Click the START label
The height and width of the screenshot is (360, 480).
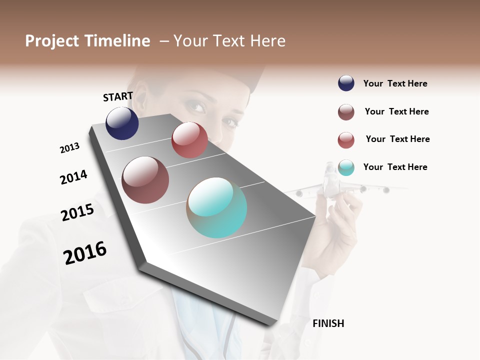pos(118,96)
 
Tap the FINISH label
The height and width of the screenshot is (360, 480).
pos(328,323)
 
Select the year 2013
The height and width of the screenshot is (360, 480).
pos(70,148)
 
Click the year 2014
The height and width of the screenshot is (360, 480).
pos(73,177)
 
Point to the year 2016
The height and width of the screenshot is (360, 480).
pos(85,253)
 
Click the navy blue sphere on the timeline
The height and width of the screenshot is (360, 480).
pos(122,123)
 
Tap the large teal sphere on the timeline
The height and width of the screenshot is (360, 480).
pos(216,207)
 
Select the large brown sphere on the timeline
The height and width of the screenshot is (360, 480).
pos(145,180)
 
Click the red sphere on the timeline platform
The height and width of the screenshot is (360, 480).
pos(189,140)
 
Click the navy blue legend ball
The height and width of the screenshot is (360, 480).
pos(346,83)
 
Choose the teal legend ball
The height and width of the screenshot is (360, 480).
pos(346,167)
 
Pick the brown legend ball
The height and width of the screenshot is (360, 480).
pos(346,112)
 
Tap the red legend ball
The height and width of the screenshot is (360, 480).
pos(346,140)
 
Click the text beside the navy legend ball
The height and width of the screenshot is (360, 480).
pos(395,83)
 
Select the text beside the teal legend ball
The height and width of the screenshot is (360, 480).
pos(395,167)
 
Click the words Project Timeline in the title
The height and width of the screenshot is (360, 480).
pos(87,41)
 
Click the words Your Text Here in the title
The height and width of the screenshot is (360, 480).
pos(229,41)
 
